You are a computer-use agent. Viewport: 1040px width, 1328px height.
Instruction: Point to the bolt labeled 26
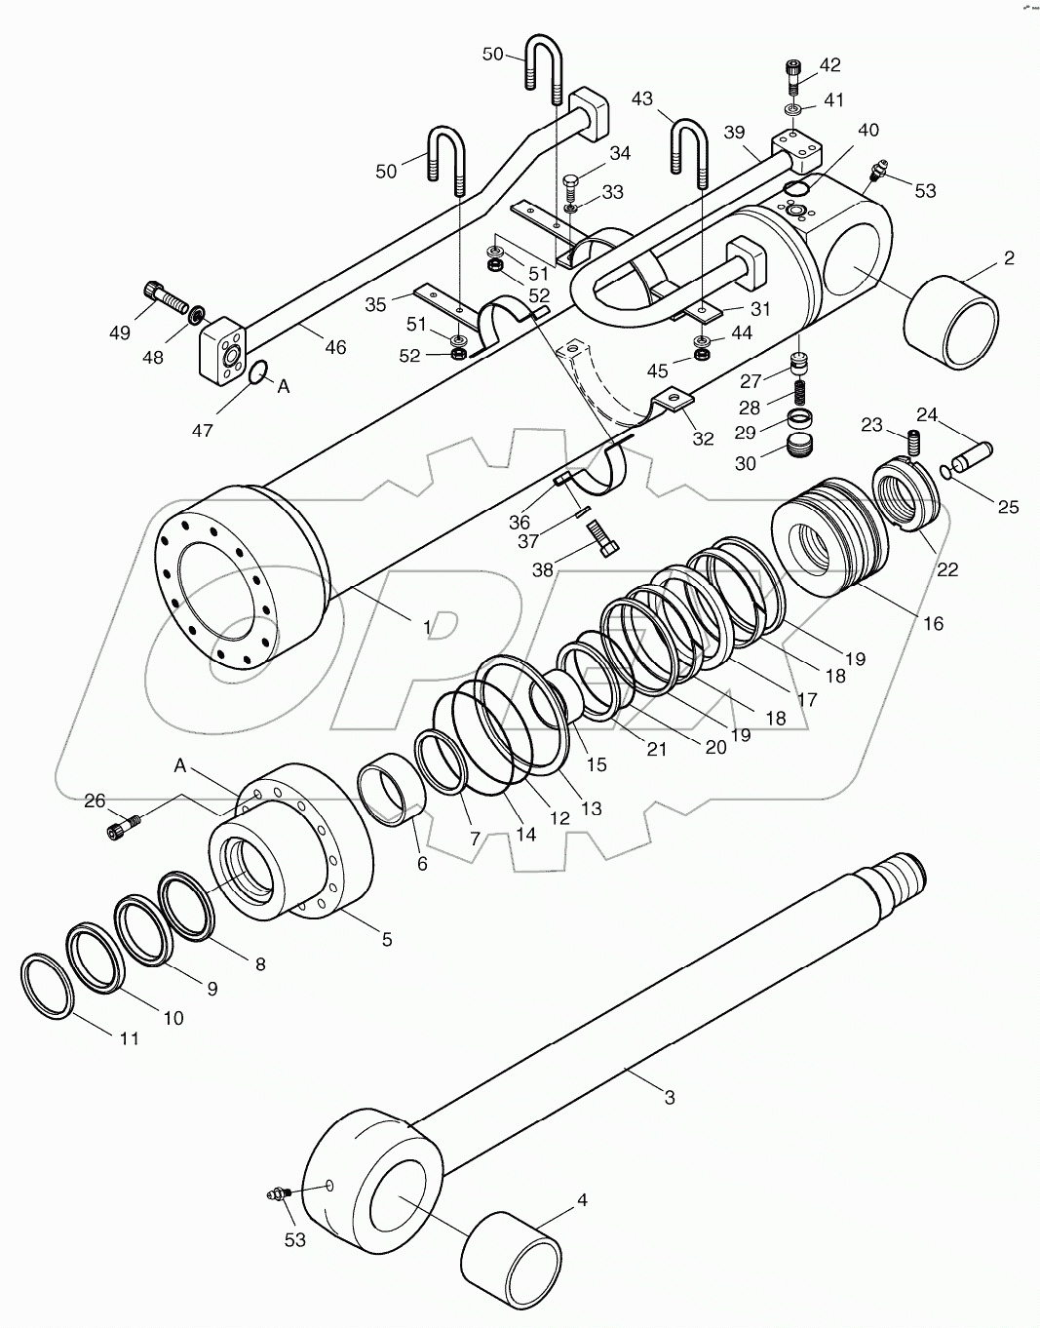121,828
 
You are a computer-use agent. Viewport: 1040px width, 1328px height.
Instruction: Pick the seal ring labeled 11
48,989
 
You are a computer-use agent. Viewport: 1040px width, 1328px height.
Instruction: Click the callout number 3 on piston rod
669,1097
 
